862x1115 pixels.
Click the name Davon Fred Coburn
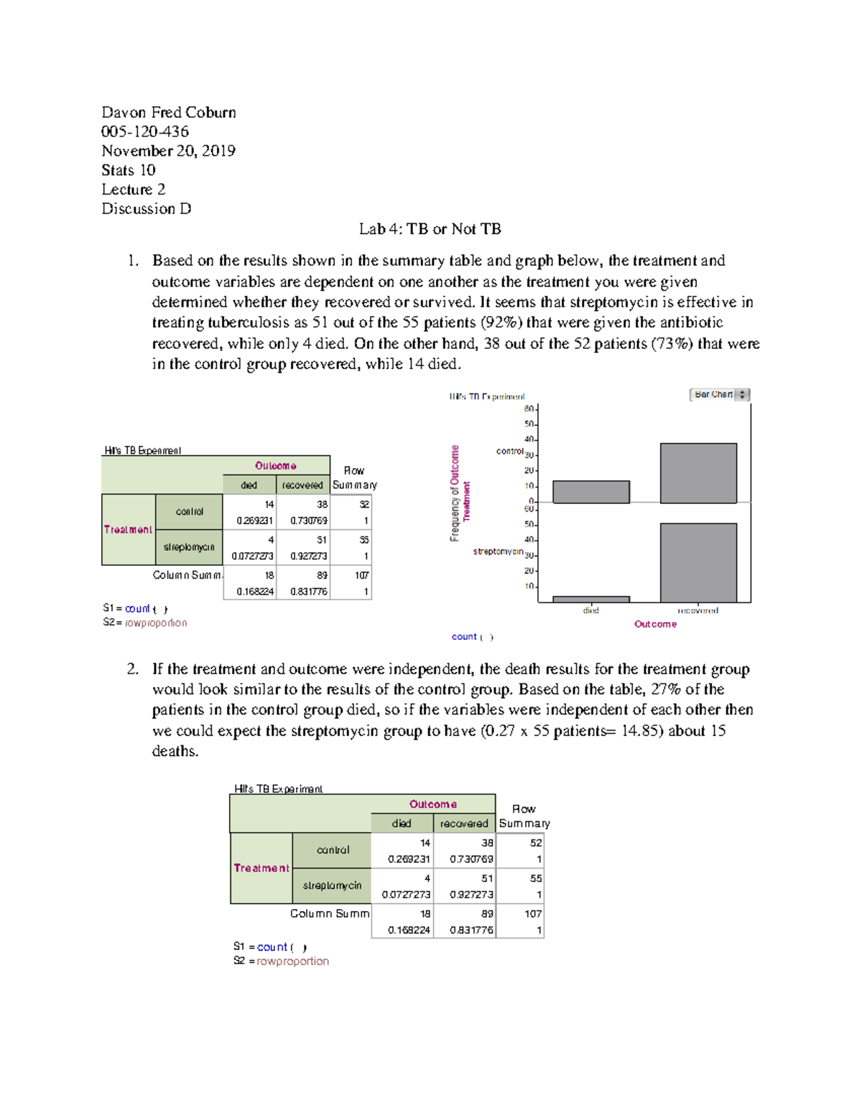click(168, 113)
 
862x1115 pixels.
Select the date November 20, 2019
click(168, 151)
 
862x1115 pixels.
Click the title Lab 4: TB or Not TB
click(430, 229)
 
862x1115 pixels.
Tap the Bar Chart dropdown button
click(719, 395)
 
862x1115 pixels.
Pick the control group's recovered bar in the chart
click(698, 473)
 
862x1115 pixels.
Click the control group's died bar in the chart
click(590, 492)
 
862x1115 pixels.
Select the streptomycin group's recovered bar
click(698, 563)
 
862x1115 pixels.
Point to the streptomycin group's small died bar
click(590, 599)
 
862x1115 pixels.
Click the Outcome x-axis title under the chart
click(655, 624)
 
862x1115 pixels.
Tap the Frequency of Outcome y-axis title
click(455, 493)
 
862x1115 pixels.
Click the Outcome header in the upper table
click(275, 466)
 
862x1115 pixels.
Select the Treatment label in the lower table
click(261, 868)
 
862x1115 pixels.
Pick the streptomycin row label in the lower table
click(332, 886)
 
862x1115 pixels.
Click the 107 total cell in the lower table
click(532, 914)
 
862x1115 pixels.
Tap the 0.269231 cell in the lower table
click(409, 859)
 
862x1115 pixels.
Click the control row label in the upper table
click(190, 512)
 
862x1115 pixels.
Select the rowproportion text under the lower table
click(292, 961)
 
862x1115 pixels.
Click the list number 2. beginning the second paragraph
click(132, 669)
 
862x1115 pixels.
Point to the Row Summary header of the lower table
click(524, 816)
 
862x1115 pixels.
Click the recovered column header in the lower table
click(464, 824)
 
